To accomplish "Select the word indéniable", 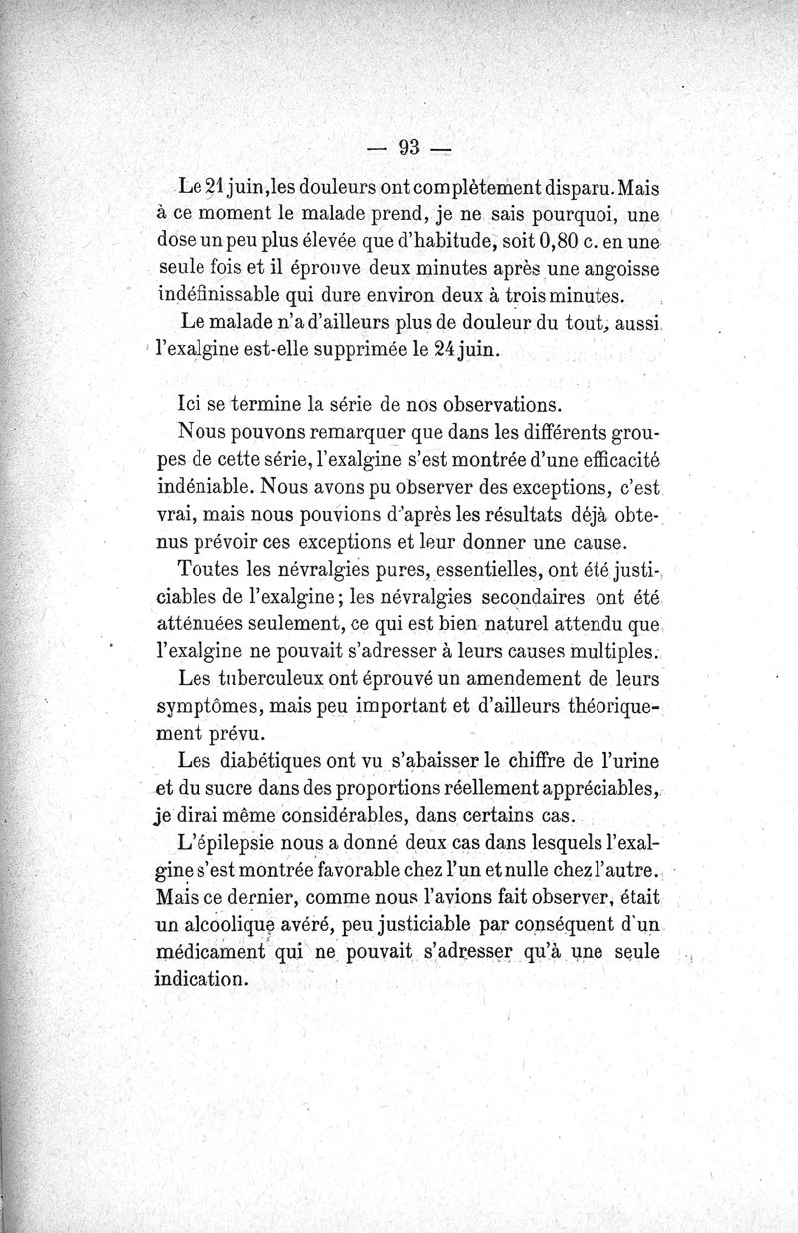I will tap(212, 488).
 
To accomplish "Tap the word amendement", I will tap(482, 680).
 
